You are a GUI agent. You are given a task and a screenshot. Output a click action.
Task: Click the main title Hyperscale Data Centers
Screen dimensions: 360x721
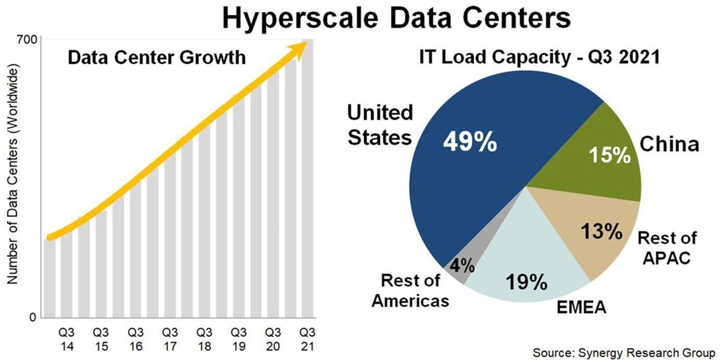point(396,18)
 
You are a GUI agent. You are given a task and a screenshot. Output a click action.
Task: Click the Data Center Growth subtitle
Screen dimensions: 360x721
point(156,57)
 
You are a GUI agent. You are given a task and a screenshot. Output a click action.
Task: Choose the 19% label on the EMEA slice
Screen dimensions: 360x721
point(527,283)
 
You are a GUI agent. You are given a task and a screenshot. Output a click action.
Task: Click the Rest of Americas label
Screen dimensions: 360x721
point(410,291)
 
